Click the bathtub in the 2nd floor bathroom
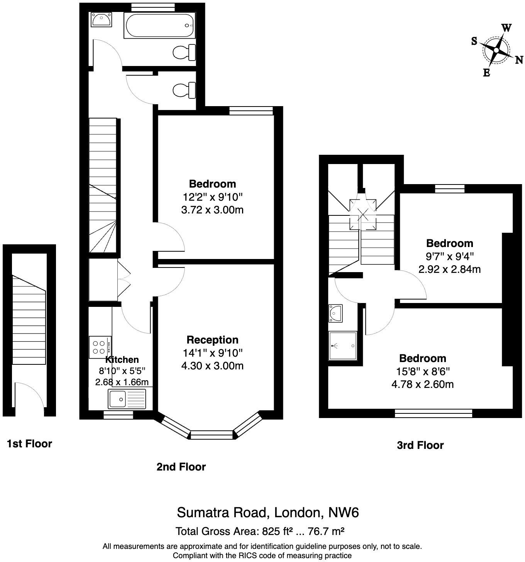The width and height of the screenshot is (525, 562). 159,26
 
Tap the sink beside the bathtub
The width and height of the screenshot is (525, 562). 102,19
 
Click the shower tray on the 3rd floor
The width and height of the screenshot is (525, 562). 342,345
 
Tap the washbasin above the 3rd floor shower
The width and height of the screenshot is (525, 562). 335,313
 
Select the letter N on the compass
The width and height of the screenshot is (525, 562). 519,60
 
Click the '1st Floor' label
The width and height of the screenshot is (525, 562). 29,444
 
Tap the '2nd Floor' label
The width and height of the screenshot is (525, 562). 181,467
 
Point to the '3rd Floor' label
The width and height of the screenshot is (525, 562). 420,445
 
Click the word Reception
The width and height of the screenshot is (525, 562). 212,340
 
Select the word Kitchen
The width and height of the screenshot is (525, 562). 122,360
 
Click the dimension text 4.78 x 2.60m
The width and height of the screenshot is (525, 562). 422,384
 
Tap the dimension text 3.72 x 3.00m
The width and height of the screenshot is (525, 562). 212,210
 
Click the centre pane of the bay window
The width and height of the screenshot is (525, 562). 212,435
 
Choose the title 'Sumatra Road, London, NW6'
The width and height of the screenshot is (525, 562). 268,513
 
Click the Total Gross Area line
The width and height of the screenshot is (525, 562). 260,532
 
